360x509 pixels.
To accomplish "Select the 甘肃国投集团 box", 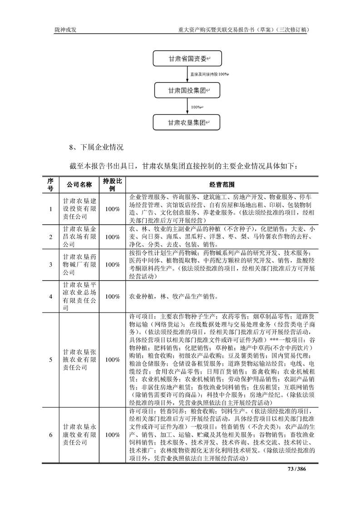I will tap(187, 90).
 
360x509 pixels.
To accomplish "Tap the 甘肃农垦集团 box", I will tap(187, 122).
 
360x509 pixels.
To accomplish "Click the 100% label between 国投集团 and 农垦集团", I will tap(197, 107).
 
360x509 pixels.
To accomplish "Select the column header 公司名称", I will tap(79, 185).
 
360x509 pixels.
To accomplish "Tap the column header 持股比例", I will tap(112, 185).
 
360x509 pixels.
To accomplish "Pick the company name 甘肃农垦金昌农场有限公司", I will tap(79, 236).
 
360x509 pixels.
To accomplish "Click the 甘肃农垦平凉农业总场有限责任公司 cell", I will tap(79, 296).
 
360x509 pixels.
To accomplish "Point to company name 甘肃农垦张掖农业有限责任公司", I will tap(79, 360).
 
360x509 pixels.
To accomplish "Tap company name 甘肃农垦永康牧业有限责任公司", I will tap(79, 435).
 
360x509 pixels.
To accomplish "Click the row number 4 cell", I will tap(50, 296).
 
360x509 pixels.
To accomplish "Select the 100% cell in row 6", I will tap(112, 435).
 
